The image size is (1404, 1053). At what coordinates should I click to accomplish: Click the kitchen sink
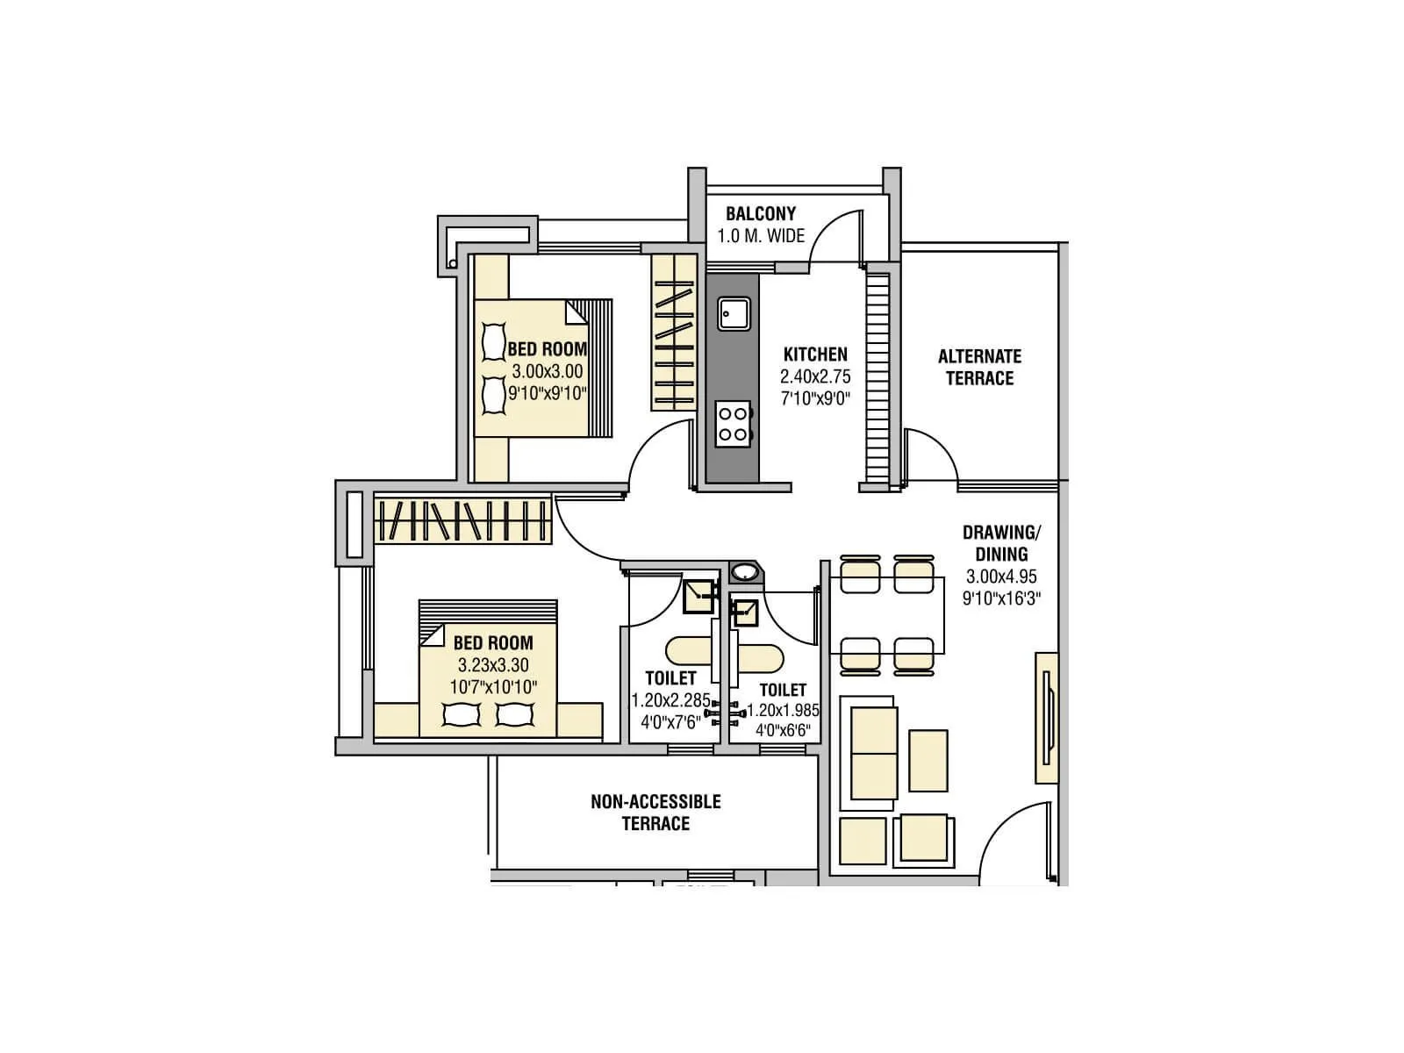pyautogui.click(x=734, y=313)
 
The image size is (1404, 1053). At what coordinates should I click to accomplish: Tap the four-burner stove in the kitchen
pyautogui.click(x=734, y=424)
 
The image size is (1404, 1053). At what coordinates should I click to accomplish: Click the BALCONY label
pyautogui.click(x=761, y=213)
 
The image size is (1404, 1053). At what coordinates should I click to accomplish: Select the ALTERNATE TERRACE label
pyautogui.click(x=979, y=367)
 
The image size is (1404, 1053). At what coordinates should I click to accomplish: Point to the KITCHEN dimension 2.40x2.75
pyautogui.click(x=815, y=376)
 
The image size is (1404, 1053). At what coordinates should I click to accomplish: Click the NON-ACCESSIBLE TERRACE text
pyautogui.click(x=655, y=812)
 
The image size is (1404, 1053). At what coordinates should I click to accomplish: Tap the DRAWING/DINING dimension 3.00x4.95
pyautogui.click(x=1001, y=577)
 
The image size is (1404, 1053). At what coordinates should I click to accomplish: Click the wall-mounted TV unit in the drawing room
pyautogui.click(x=1047, y=718)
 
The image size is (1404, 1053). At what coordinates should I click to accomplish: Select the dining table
pyautogui.click(x=886, y=616)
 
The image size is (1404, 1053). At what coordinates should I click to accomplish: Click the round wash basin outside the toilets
pyautogui.click(x=746, y=573)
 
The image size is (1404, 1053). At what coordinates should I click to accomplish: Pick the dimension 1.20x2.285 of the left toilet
pyautogui.click(x=670, y=701)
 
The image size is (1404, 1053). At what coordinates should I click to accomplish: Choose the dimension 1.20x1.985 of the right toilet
pyautogui.click(x=783, y=711)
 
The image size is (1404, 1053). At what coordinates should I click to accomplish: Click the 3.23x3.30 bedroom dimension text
pyautogui.click(x=493, y=665)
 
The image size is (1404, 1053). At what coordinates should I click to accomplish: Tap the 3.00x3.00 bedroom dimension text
pyautogui.click(x=548, y=371)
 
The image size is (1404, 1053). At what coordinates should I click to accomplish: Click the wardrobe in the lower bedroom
pyautogui.click(x=463, y=519)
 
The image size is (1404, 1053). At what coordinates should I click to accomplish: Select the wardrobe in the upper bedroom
pyautogui.click(x=673, y=333)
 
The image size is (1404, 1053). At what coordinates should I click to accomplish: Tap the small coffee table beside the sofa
pyautogui.click(x=928, y=760)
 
